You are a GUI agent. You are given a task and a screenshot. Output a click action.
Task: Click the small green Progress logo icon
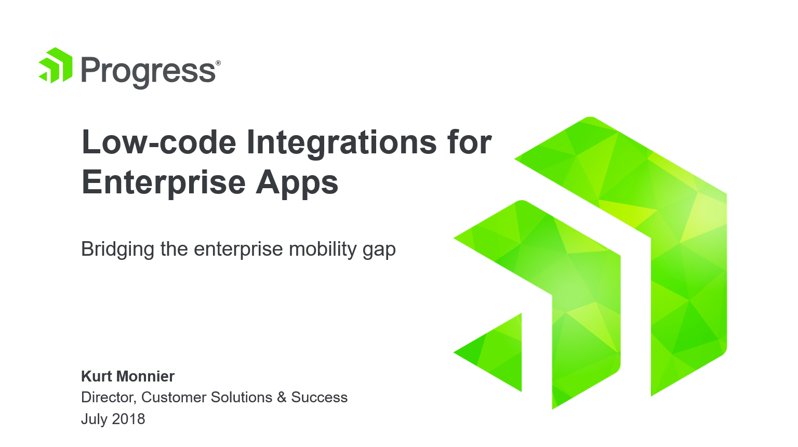[x=56, y=65]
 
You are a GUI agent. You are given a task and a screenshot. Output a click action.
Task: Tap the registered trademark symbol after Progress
[x=218, y=63]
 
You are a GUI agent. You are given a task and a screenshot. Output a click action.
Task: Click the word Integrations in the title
[x=341, y=143]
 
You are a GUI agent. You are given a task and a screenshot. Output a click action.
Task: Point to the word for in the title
[x=470, y=141]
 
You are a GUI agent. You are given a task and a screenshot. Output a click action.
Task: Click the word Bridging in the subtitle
[x=117, y=249]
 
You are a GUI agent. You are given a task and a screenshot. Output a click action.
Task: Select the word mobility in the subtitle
[x=323, y=249]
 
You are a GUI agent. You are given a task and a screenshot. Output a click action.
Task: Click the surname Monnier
[x=145, y=376]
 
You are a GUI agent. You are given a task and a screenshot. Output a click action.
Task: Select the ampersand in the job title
[x=282, y=398]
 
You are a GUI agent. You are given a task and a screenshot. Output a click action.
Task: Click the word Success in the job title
[x=319, y=398]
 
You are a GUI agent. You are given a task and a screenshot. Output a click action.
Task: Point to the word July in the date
[x=94, y=419]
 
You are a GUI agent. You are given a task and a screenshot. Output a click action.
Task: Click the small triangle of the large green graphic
[x=499, y=352]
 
